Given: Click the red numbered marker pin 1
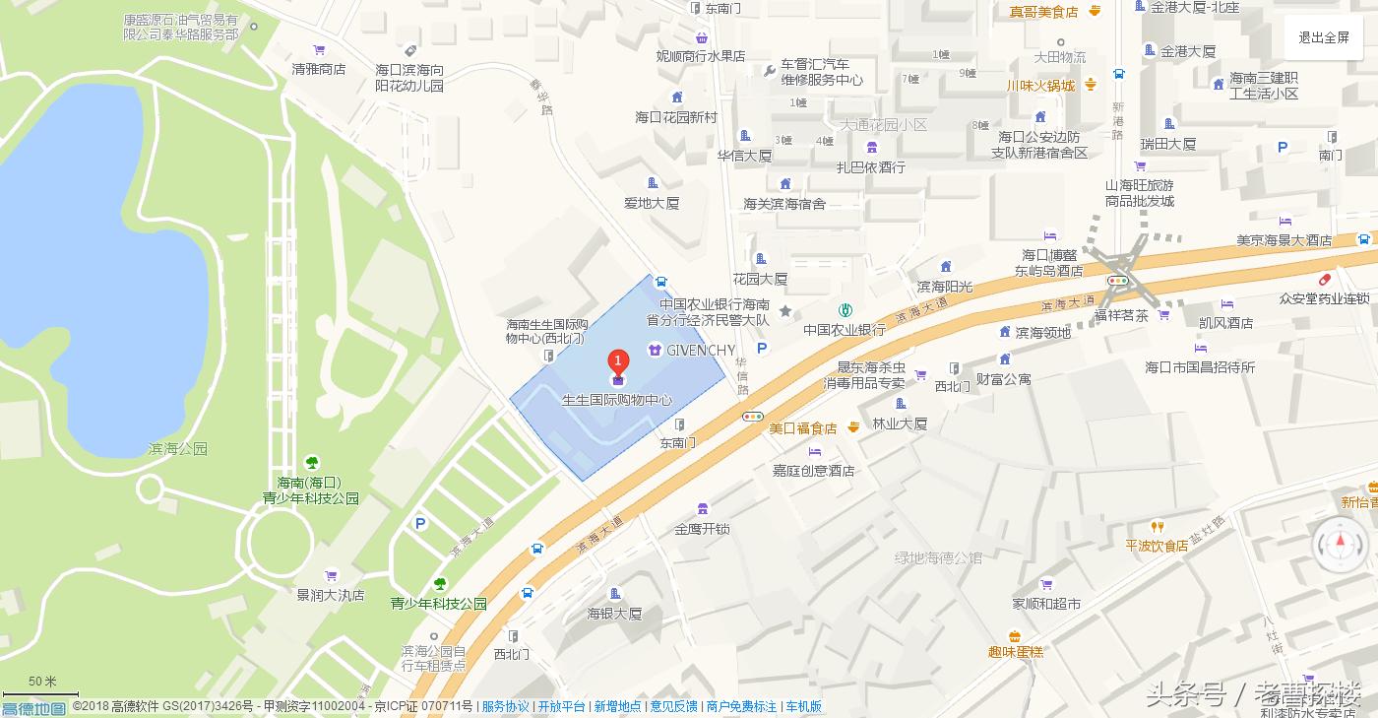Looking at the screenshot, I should [618, 363].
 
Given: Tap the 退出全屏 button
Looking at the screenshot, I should [1323, 38].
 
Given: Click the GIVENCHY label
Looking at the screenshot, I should [701, 350].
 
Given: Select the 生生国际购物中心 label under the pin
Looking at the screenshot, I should [617, 400].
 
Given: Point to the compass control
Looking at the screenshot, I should [1339, 544].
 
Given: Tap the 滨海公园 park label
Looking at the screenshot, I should [178, 448].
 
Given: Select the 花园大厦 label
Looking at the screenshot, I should [760, 279].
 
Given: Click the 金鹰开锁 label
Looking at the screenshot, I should [702, 529].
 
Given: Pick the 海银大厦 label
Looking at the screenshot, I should [614, 614].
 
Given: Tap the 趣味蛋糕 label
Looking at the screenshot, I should [1015, 652].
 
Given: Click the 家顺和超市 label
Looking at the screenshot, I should [1046, 603].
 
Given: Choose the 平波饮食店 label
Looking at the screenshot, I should [1157, 545].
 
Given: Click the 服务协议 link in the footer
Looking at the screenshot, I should [505, 706].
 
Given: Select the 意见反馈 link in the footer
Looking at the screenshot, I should [673, 706].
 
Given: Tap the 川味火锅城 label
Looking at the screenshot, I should [1040, 86].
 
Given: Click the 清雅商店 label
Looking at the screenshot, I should [319, 69].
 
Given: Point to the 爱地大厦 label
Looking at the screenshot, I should [652, 203].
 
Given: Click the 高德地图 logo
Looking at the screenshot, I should [33, 708].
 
